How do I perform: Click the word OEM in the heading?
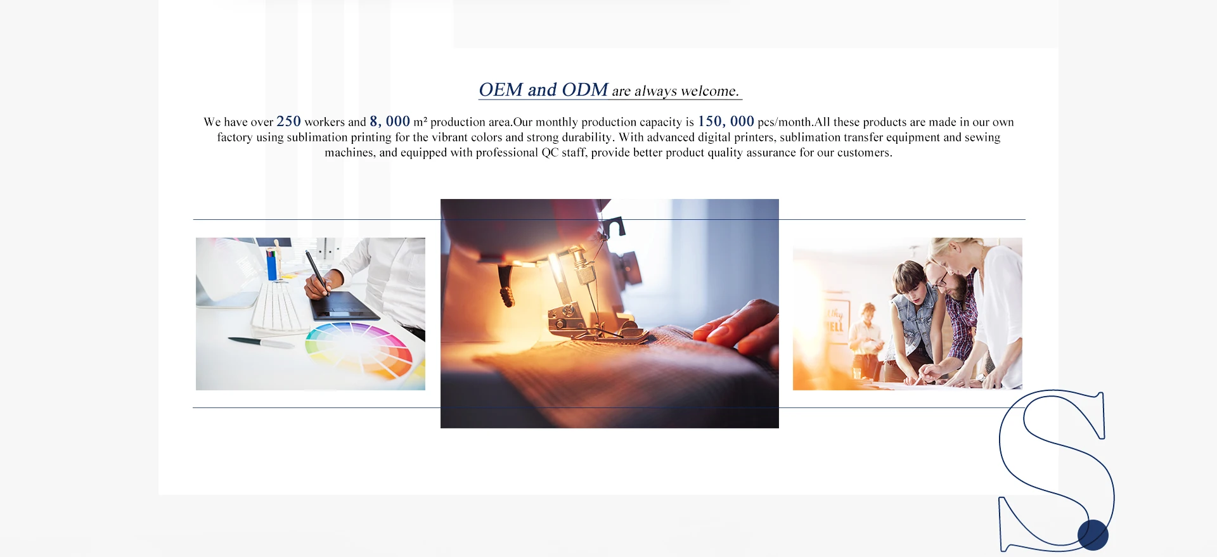[x=501, y=90]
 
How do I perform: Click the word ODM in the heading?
[x=585, y=90]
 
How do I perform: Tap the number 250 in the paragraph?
[x=288, y=121]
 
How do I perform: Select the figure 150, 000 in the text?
[x=726, y=121]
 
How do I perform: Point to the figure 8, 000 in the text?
[x=390, y=121]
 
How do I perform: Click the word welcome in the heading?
[x=709, y=91]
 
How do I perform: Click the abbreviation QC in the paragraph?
[x=550, y=153]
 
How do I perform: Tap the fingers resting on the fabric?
[x=738, y=327]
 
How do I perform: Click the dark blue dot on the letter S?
[x=1093, y=535]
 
